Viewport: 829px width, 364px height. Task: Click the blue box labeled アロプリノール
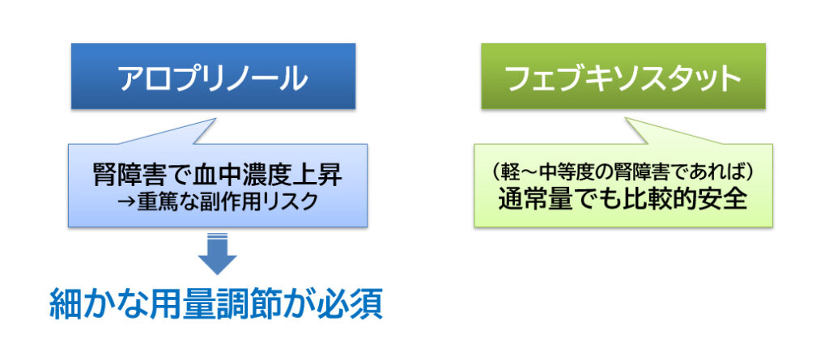(x=213, y=76)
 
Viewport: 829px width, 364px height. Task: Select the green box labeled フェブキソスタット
(x=623, y=76)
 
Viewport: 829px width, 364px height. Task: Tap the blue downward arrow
(x=217, y=253)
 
